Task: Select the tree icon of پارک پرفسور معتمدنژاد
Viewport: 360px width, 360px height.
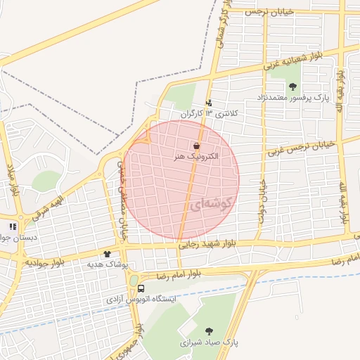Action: tap(292, 86)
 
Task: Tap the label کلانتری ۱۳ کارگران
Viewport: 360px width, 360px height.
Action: tap(210, 113)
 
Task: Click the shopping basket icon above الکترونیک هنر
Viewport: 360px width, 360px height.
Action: tap(195, 144)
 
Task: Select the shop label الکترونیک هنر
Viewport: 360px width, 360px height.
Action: tap(197, 156)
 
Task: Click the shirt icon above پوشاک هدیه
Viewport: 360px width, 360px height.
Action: tap(108, 254)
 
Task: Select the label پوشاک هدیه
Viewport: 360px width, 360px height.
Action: tap(107, 264)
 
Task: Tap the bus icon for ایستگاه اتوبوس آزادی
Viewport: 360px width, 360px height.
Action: tap(141, 288)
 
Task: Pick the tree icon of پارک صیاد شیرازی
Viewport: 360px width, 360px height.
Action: tap(209, 330)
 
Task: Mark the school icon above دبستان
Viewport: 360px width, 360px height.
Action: tap(13, 227)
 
